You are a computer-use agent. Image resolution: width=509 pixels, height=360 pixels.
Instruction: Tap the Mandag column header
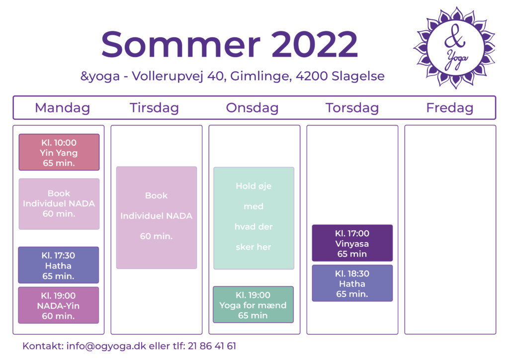(x=62, y=108)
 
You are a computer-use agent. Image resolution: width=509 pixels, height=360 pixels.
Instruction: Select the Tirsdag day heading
(x=154, y=108)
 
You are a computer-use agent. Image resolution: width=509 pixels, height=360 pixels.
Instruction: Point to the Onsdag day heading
(x=252, y=108)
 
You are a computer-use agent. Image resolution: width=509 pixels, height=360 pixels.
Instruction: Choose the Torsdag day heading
(x=352, y=108)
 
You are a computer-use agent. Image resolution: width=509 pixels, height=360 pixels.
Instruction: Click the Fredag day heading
(x=449, y=108)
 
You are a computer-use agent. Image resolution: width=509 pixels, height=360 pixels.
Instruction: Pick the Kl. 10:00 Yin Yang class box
(x=59, y=152)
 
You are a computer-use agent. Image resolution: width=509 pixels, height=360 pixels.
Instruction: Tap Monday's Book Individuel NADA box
(x=59, y=204)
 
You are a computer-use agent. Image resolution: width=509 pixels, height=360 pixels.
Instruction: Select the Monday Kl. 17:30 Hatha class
(x=59, y=265)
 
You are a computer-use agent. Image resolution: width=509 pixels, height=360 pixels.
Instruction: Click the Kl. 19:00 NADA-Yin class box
(x=59, y=305)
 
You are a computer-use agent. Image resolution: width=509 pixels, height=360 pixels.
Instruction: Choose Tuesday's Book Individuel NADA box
(x=157, y=217)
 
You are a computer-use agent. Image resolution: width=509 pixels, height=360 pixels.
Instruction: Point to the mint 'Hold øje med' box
(x=254, y=218)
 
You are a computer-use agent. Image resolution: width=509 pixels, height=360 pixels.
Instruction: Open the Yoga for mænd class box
(x=253, y=305)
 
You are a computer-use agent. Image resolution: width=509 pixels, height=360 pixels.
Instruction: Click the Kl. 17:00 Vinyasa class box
(x=352, y=243)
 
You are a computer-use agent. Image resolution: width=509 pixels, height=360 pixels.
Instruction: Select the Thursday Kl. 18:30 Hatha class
(x=352, y=283)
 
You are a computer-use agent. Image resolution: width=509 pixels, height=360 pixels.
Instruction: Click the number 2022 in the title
(x=314, y=44)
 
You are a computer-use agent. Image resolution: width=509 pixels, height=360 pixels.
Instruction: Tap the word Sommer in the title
(x=181, y=44)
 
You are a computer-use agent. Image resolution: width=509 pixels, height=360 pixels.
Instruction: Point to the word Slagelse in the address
(x=358, y=76)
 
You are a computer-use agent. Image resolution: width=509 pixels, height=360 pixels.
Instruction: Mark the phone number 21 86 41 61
(x=212, y=346)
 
